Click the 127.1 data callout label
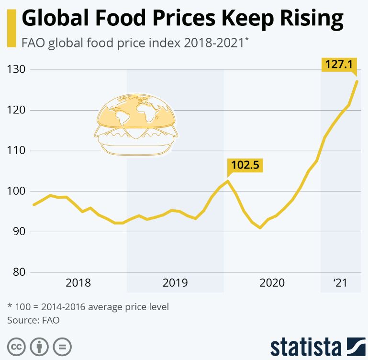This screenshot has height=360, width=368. click(338, 64)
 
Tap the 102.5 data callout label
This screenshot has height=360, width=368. click(245, 165)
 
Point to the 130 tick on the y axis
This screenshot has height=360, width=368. click(18, 70)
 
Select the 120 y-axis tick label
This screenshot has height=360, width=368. click(18, 110)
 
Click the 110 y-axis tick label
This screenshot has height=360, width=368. click(18, 151)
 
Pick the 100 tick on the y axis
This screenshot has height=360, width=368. click(18, 191)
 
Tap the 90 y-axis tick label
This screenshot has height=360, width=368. click(20, 232)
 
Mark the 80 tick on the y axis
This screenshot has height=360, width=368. click(20, 272)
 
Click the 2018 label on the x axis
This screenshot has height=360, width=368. click(78, 283)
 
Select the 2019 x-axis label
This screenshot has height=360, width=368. click(175, 283)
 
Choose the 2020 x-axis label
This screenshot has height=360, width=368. click(272, 283)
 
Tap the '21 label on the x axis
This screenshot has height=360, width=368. click(340, 283)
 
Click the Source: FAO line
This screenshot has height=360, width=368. click(33, 320)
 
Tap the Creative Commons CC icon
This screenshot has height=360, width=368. click(17, 346)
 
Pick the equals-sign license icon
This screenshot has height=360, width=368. click(62, 346)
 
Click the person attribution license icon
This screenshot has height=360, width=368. click(39, 346)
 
